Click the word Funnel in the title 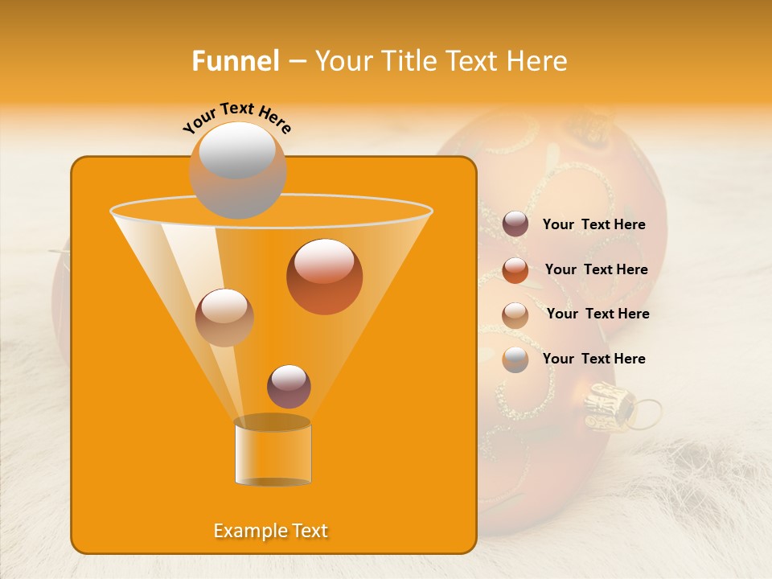(235, 61)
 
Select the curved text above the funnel (236, 117)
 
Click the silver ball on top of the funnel (237, 170)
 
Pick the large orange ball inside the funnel (324, 277)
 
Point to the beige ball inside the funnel (224, 318)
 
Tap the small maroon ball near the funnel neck (289, 386)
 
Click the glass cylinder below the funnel (273, 451)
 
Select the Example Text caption (271, 531)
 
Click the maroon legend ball (515, 224)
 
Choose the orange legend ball (515, 269)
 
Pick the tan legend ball (515, 314)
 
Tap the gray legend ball (515, 359)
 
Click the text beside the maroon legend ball (593, 224)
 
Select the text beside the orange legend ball (596, 269)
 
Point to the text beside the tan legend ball (597, 314)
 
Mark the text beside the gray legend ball (593, 359)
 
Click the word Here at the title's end (538, 61)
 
